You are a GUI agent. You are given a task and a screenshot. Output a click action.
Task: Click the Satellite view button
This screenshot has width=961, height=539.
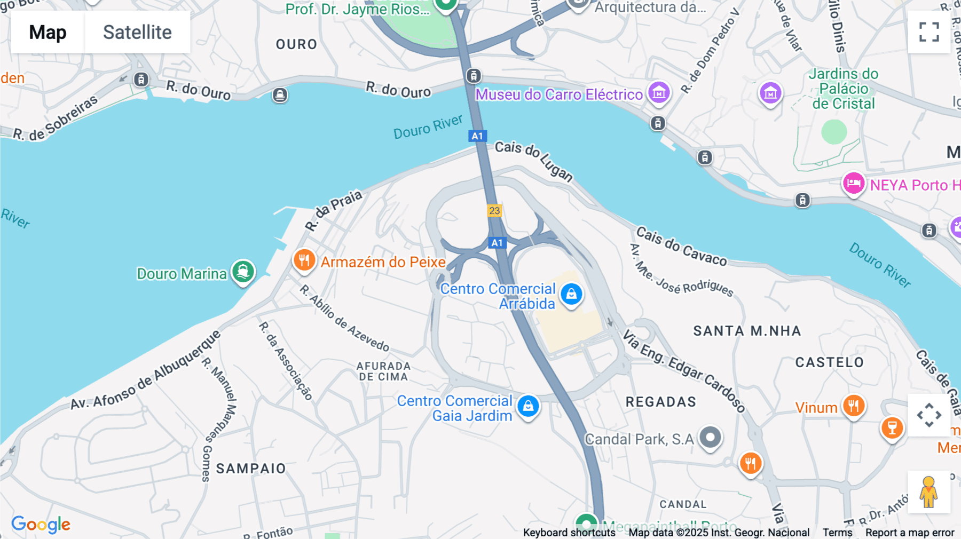pyautogui.click(x=137, y=33)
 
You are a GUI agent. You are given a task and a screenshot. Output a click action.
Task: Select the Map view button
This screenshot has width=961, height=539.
pyautogui.click(x=48, y=33)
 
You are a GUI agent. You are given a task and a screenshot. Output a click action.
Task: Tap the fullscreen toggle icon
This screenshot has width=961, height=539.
pyautogui.click(x=929, y=32)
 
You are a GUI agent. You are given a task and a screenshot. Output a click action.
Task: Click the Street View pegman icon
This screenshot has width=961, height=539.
pyautogui.click(x=928, y=492)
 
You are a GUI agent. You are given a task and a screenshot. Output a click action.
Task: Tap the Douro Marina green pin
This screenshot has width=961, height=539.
pyautogui.click(x=243, y=272)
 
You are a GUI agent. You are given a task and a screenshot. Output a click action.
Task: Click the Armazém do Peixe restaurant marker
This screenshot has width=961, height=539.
pyautogui.click(x=304, y=260)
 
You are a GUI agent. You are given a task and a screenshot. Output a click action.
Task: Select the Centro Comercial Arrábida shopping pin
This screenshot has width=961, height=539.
pyautogui.click(x=571, y=294)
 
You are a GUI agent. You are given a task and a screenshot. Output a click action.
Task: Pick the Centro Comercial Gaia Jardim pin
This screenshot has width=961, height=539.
pyautogui.click(x=528, y=406)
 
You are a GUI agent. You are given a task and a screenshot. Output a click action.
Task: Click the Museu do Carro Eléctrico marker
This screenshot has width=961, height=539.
pyautogui.click(x=659, y=93)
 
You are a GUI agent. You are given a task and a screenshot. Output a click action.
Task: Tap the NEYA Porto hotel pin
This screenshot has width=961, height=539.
pyautogui.click(x=853, y=184)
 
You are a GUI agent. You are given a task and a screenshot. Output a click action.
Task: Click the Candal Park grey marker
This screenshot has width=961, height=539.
pyautogui.click(x=710, y=438)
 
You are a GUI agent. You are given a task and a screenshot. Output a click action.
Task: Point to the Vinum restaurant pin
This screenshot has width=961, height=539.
pyautogui.click(x=853, y=406)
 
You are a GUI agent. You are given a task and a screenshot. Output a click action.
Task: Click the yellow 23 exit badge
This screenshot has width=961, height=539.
pyautogui.click(x=494, y=211)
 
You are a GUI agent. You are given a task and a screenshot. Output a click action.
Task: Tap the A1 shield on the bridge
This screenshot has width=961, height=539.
pyautogui.click(x=477, y=136)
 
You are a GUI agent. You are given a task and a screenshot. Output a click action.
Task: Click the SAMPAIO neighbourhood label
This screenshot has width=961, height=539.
pyautogui.click(x=251, y=469)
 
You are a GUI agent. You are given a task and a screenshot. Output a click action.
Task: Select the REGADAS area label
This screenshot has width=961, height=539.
pyautogui.click(x=661, y=402)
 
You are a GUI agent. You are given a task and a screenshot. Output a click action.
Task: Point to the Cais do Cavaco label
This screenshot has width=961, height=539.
pyautogui.click(x=681, y=247)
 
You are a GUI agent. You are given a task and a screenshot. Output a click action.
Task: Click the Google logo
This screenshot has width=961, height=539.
pyautogui.click(x=41, y=525)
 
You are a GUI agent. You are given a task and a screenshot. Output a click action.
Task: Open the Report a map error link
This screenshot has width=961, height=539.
pyautogui.click(x=909, y=533)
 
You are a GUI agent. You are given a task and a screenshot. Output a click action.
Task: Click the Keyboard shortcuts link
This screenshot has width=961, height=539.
pyautogui.click(x=569, y=533)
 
